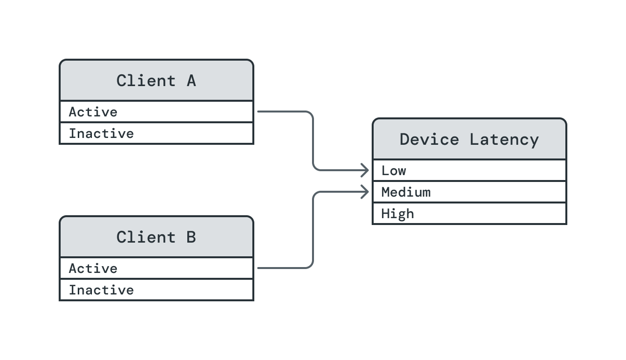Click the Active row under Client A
(156, 112)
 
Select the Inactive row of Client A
(156, 134)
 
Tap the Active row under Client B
(156, 269)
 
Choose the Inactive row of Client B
(156, 290)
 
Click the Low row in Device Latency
(469, 171)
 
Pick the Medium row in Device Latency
(469, 192)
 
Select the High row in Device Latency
(469, 214)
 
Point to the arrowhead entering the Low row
(365, 170)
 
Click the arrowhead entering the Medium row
(365, 192)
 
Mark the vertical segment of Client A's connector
(313, 141)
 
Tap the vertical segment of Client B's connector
(313, 230)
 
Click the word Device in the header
(429, 139)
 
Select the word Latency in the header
(504, 139)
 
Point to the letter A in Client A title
(191, 81)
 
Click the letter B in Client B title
(191, 237)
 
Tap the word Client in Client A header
(146, 81)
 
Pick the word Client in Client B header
(146, 237)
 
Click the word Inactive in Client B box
(101, 290)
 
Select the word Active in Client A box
(93, 112)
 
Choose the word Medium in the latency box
(406, 192)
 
